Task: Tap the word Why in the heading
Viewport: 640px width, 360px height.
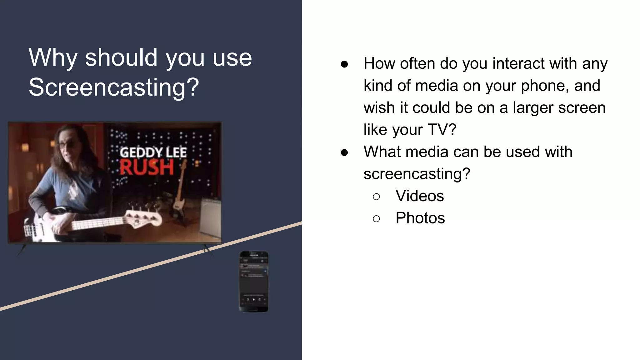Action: click(53, 58)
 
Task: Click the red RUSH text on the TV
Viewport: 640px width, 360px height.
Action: click(147, 167)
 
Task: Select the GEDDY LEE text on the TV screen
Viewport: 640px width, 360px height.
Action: click(153, 152)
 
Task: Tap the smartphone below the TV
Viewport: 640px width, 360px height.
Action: click(254, 281)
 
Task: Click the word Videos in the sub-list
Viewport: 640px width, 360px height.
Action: click(419, 196)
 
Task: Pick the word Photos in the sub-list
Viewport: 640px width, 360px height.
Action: click(420, 218)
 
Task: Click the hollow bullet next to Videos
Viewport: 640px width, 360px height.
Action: click(376, 197)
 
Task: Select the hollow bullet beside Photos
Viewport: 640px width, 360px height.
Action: click(376, 218)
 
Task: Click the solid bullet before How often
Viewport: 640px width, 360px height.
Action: click(344, 64)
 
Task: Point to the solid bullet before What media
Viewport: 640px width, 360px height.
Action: click(344, 152)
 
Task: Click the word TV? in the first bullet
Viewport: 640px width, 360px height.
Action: click(442, 130)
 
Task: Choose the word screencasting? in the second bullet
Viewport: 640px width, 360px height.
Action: click(417, 174)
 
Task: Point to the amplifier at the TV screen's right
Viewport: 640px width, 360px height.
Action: click(210, 216)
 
